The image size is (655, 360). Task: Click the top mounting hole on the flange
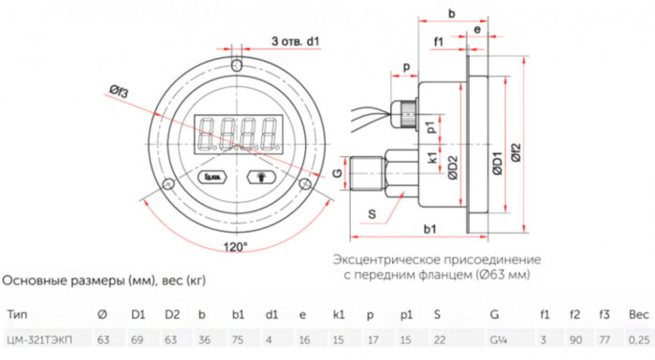[237, 66]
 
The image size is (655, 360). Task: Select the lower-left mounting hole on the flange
[167, 184]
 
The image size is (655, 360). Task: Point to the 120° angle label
[236, 247]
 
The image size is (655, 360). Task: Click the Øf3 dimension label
[118, 90]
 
